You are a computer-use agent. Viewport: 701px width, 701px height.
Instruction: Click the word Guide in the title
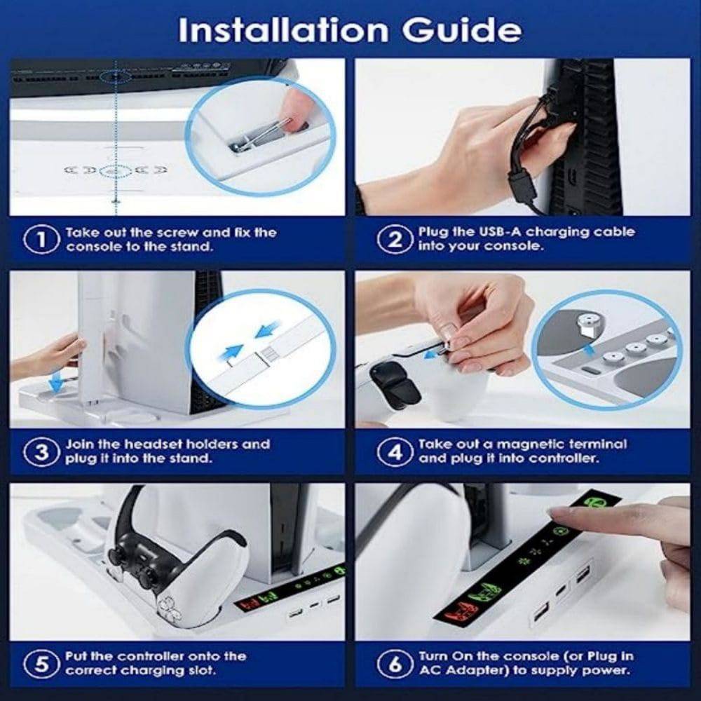click(x=461, y=30)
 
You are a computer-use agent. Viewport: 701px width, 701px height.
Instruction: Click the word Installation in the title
click(x=283, y=30)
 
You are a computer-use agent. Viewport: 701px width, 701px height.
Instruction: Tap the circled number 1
click(x=41, y=240)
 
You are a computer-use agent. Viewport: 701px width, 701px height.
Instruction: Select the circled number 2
click(x=395, y=240)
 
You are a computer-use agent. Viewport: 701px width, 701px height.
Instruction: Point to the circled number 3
click(x=41, y=452)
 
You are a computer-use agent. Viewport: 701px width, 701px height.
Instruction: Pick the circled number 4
click(x=395, y=452)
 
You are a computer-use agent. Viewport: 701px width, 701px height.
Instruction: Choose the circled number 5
click(x=41, y=664)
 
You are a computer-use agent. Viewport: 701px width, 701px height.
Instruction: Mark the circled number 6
click(x=395, y=664)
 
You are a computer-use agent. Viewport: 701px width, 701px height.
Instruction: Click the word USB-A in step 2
click(x=500, y=232)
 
